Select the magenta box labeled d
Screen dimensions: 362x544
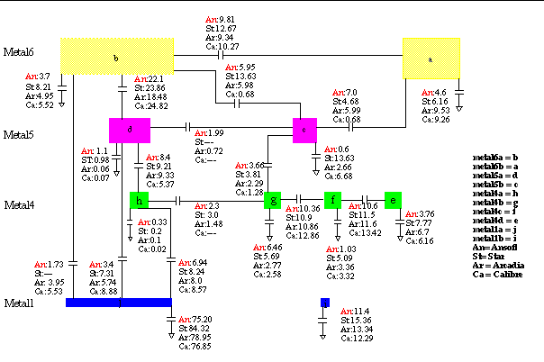tap(129, 131)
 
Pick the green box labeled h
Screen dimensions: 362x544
tap(139, 200)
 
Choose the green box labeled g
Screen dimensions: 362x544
tap(273, 200)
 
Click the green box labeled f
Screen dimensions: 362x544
tap(333, 200)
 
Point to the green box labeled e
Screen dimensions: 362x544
tap(392, 200)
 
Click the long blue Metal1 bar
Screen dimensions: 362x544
tap(118, 303)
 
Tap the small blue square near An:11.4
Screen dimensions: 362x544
tap(324, 303)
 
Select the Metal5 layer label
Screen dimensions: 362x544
tap(19, 135)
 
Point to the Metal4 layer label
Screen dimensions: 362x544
tap(19, 205)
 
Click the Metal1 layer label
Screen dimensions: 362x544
tap(19, 303)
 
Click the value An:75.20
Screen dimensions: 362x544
tap(195, 319)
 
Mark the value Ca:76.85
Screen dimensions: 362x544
tap(195, 346)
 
